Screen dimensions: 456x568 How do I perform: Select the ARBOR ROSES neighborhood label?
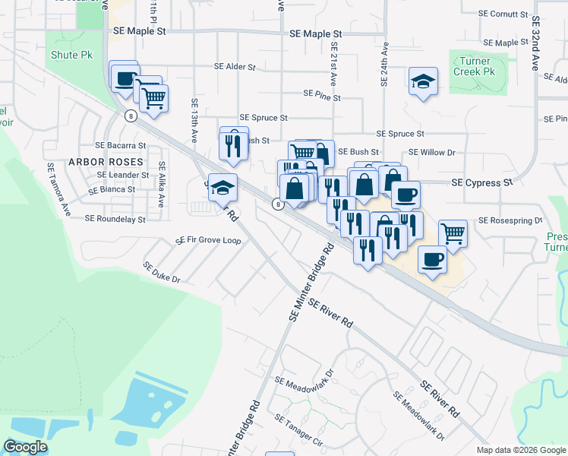click(x=106, y=162)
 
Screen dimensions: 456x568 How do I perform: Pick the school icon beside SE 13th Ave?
click(x=222, y=188)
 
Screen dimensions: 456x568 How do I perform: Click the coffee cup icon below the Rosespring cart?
click(x=432, y=260)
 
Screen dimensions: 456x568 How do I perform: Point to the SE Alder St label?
click(x=235, y=67)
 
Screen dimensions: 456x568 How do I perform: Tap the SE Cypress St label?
click(x=482, y=183)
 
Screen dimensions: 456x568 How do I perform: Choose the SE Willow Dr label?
click(x=431, y=152)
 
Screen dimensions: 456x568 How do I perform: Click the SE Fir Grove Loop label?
click(x=208, y=240)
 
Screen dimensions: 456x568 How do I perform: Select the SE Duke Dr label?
click(x=161, y=273)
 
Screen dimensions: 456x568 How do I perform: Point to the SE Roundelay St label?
click(x=115, y=219)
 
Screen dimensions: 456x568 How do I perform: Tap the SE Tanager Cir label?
click(x=299, y=430)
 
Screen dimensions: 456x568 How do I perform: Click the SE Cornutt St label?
click(x=503, y=14)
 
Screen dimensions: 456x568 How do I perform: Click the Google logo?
click(x=25, y=447)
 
